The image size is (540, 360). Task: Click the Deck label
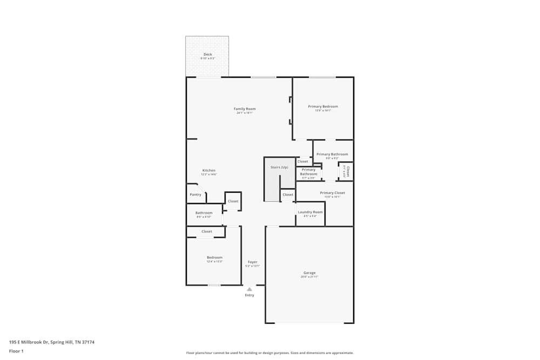pyautogui.click(x=207, y=55)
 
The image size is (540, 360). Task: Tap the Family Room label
pyautogui.click(x=245, y=109)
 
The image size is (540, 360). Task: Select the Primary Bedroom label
pyautogui.click(x=323, y=106)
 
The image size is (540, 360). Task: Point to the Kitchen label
pyautogui.click(x=208, y=171)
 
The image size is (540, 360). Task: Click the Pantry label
pyautogui.click(x=195, y=194)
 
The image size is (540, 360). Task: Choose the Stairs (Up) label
pyautogui.click(x=279, y=167)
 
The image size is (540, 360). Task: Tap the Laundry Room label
pyautogui.click(x=310, y=212)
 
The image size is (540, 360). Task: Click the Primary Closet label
pyautogui.click(x=332, y=193)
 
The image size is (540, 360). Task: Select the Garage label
pyautogui.click(x=309, y=273)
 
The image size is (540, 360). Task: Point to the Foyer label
pyautogui.click(x=253, y=262)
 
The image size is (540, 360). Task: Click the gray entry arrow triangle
pyautogui.click(x=249, y=289)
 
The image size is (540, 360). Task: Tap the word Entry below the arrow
pyautogui.click(x=249, y=295)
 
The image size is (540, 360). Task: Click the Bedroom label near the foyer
pyautogui.click(x=214, y=257)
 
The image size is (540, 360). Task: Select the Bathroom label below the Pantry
pyautogui.click(x=204, y=213)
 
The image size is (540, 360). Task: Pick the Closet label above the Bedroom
pyautogui.click(x=206, y=232)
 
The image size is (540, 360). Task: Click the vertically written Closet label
pyautogui.click(x=348, y=171)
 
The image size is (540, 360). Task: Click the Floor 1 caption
pyautogui.click(x=16, y=351)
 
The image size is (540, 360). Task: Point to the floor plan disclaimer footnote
pyautogui.click(x=270, y=353)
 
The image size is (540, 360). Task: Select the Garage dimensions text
pyautogui.click(x=309, y=277)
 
